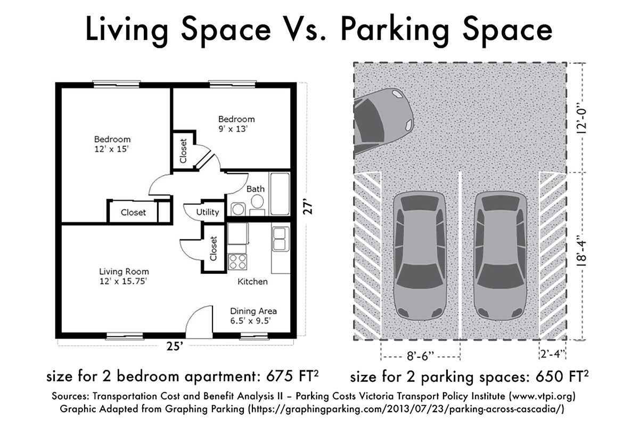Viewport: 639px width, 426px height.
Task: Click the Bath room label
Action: [x=255, y=189]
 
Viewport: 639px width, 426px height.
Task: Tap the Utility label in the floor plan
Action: [x=207, y=212]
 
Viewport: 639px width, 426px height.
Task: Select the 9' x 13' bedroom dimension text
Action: [x=233, y=129]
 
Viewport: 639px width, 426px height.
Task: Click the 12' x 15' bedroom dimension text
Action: [x=111, y=149]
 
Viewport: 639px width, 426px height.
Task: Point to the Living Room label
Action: [x=124, y=272]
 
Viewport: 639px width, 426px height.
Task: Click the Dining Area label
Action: [x=253, y=311]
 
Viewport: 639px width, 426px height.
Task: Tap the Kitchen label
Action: [x=252, y=282]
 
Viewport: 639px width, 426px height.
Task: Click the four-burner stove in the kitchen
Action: [x=237, y=261]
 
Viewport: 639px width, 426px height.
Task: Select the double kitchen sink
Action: [x=281, y=239]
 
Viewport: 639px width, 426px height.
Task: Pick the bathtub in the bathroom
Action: [x=280, y=194]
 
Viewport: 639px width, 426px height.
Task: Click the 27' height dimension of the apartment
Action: [x=308, y=209]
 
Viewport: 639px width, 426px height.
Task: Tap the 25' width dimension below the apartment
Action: [x=174, y=346]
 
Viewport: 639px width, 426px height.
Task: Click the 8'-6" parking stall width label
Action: [x=420, y=356]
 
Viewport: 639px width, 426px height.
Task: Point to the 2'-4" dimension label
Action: [x=553, y=354]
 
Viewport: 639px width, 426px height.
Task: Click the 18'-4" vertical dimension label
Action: [x=581, y=251]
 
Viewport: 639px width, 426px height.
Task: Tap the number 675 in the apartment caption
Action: [x=279, y=376]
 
